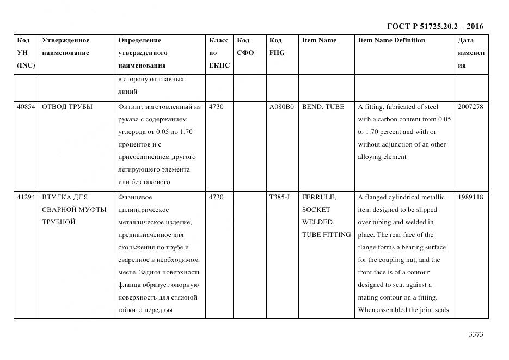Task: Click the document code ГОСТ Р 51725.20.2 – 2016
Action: [434, 26]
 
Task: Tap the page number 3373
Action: [475, 334]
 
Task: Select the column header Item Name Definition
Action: [391, 40]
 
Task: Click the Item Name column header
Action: [319, 40]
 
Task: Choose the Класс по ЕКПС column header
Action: [219, 53]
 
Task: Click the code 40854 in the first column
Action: [26, 107]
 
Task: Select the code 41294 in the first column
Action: [26, 197]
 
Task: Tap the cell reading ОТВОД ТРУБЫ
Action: [67, 107]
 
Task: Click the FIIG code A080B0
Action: [281, 107]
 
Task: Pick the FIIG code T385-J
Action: [279, 197]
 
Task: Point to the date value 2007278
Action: [470, 107]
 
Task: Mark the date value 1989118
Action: [470, 197]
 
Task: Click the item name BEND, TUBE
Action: [323, 107]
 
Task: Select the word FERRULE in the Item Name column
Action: [318, 197]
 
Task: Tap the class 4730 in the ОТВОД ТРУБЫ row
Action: [216, 107]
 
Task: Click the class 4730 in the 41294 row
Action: [216, 197]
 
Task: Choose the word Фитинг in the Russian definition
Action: [130, 107]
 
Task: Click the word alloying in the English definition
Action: [370, 157]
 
